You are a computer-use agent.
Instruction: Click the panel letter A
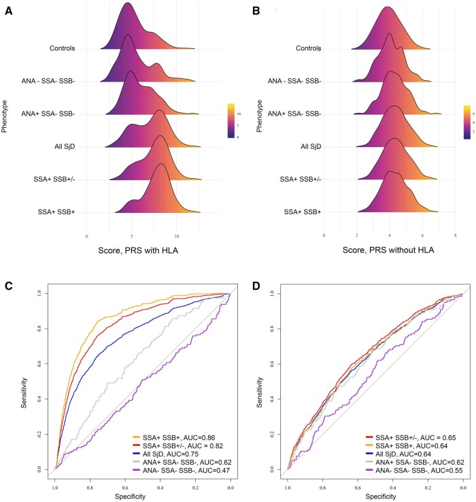[x=9, y=12]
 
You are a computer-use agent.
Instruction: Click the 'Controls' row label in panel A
[x=62, y=48]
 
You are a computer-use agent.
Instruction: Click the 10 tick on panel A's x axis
[x=177, y=236]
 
